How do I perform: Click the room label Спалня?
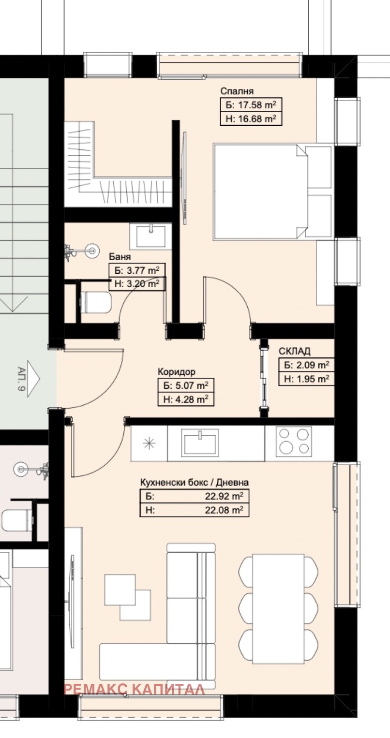[237, 91]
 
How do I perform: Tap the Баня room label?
[120, 257]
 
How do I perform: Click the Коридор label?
[177, 371]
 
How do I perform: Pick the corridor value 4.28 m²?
[192, 399]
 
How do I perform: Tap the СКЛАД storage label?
[295, 351]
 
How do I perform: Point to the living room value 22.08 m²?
[224, 510]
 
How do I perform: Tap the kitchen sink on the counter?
[200, 443]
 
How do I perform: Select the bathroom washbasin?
[151, 236]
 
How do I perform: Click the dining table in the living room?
[278, 609]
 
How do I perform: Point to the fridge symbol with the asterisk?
[149, 443]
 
